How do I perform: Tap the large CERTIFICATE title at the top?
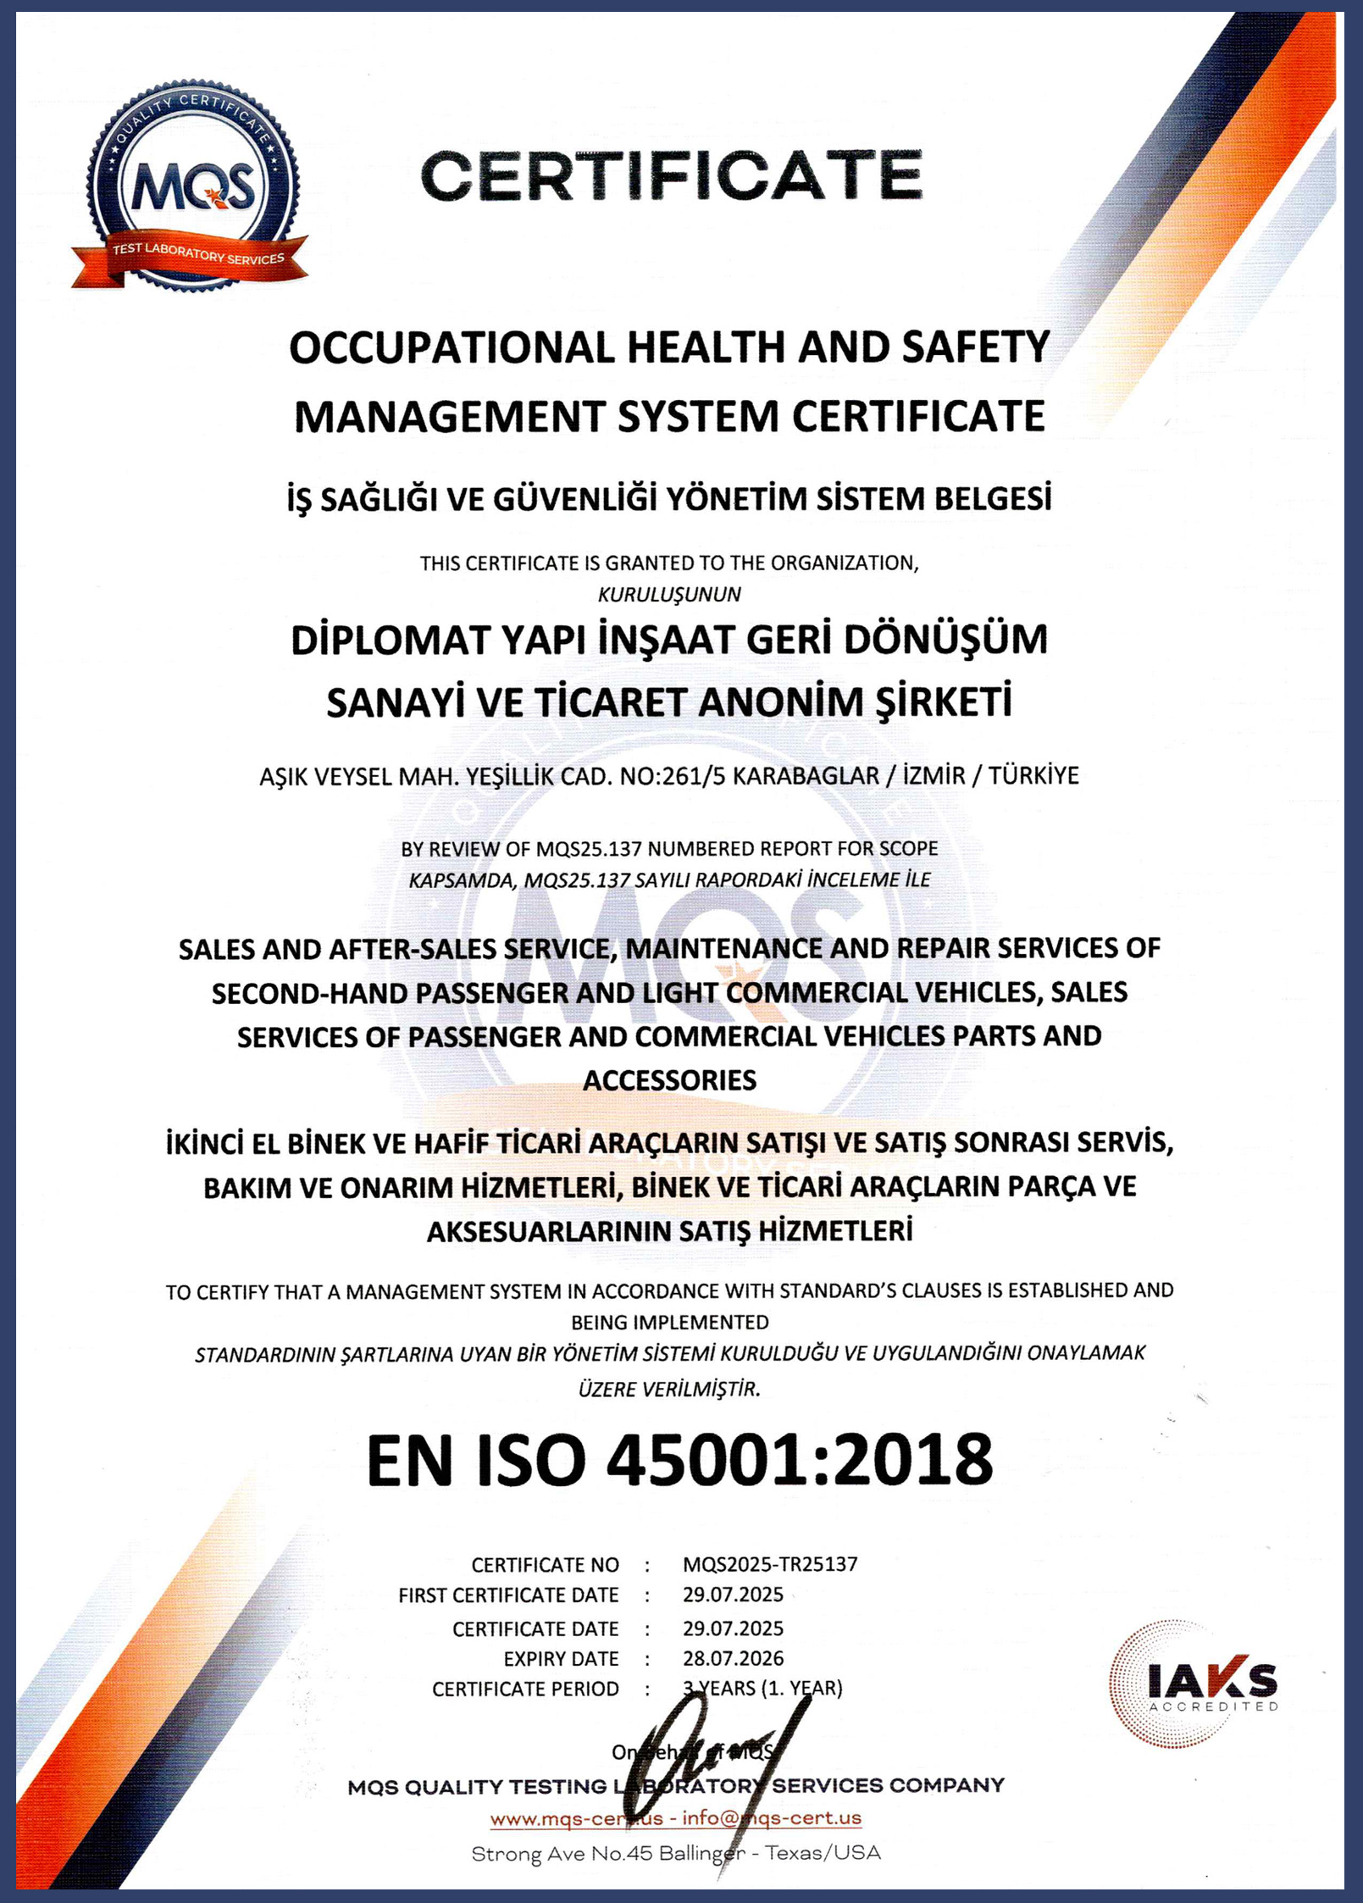click(x=671, y=175)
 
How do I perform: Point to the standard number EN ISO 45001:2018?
click(x=679, y=1459)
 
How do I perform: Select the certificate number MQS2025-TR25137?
click(x=770, y=1564)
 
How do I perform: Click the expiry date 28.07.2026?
click(x=733, y=1658)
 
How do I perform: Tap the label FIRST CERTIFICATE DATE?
click(x=508, y=1595)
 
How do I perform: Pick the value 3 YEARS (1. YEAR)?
click(x=762, y=1689)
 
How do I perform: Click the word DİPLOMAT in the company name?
click(x=391, y=641)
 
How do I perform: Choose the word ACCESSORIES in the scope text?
click(x=669, y=1080)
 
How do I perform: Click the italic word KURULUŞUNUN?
click(x=669, y=595)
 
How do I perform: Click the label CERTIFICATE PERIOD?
click(x=525, y=1689)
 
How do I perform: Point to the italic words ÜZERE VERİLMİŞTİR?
click(x=669, y=1390)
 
